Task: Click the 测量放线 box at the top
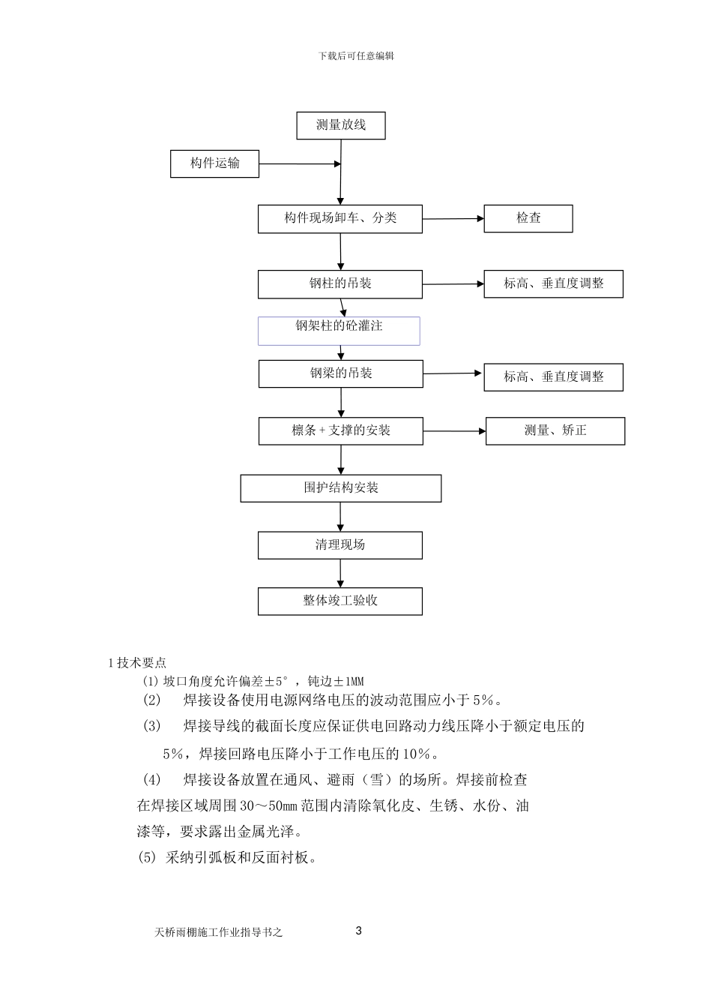coord(341,125)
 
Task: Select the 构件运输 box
coord(214,163)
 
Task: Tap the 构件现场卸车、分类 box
coord(340,218)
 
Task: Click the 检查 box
coord(528,218)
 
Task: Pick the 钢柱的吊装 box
coord(340,284)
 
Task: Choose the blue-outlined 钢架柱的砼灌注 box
coord(339,330)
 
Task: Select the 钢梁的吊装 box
coord(341,373)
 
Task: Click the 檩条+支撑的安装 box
coord(341,430)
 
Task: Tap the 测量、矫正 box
coord(555,430)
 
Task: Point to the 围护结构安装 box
coord(341,487)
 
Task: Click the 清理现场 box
coord(340,544)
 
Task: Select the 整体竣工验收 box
coord(340,601)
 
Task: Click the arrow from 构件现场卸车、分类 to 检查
coord(453,219)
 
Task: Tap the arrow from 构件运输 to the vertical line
coord(300,163)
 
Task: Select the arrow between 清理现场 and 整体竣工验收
coord(341,573)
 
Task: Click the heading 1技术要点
coord(138,662)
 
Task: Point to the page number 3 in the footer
coord(358,931)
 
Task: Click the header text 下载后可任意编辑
coord(356,55)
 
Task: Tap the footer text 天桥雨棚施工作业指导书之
coord(218,933)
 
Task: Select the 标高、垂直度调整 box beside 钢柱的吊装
coord(553,284)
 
